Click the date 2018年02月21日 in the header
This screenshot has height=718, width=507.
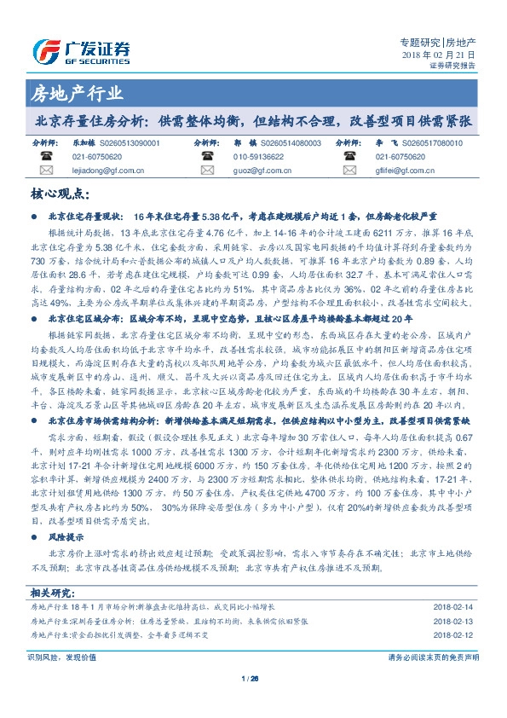point(438,54)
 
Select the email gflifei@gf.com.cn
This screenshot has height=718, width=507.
point(405,171)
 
